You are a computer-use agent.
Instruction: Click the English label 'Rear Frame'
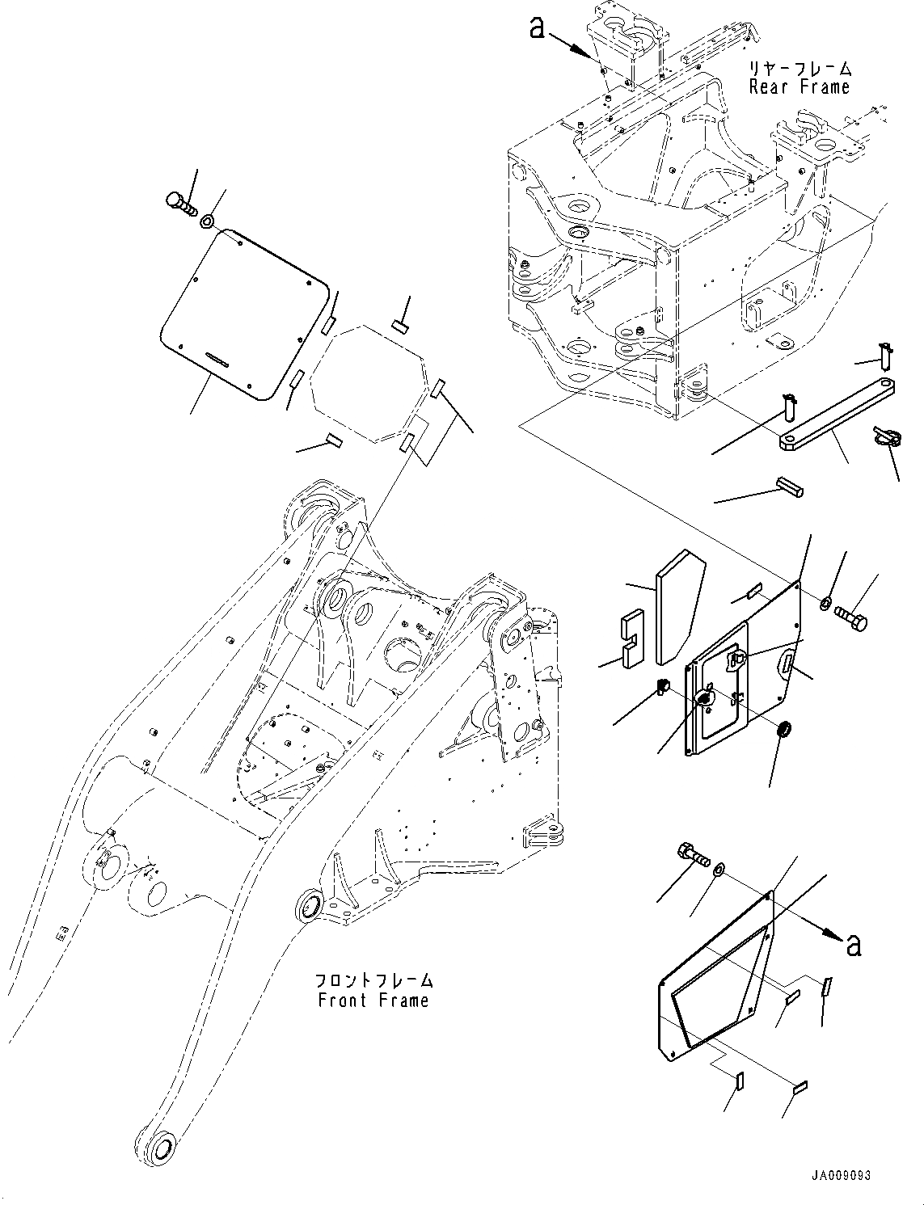pos(800,87)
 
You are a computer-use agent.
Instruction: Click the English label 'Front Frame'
pos(373,1001)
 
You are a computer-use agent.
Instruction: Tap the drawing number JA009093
pos(842,1176)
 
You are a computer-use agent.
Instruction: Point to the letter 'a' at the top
pos(537,28)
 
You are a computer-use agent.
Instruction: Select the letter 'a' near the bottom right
pos(853,943)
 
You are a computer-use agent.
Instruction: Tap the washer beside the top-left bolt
pos(208,220)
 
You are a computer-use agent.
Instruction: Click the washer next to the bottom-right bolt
pos(719,870)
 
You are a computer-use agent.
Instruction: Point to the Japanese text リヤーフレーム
pos(800,69)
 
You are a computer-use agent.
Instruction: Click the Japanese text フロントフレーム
pos(373,980)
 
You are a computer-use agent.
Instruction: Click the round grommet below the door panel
pos(783,731)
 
